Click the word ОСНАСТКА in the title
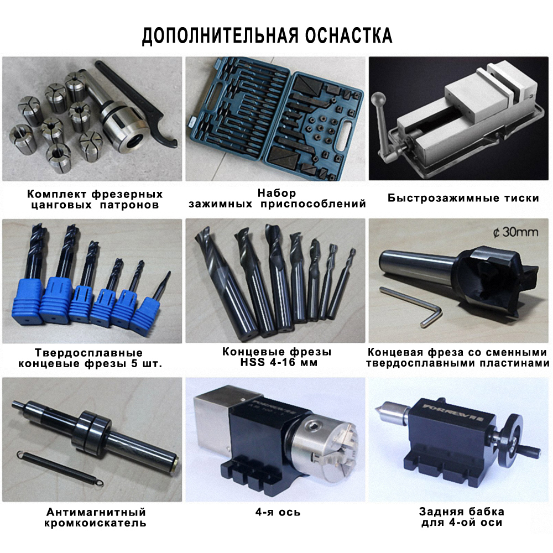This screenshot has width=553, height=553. pyautogui.click(x=348, y=35)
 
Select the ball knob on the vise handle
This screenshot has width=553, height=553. pyautogui.click(x=379, y=99)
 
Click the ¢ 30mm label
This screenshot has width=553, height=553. pyautogui.click(x=515, y=232)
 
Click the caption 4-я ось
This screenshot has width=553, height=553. pyautogui.click(x=278, y=512)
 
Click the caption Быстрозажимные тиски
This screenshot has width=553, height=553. pyautogui.click(x=463, y=198)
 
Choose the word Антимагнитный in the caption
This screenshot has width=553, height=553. pyautogui.click(x=96, y=512)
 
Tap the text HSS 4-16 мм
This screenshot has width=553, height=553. pyautogui.click(x=279, y=362)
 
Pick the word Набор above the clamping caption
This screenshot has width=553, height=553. pyautogui.click(x=277, y=193)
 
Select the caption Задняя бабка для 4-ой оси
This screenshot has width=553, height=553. pyautogui.click(x=461, y=517)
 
